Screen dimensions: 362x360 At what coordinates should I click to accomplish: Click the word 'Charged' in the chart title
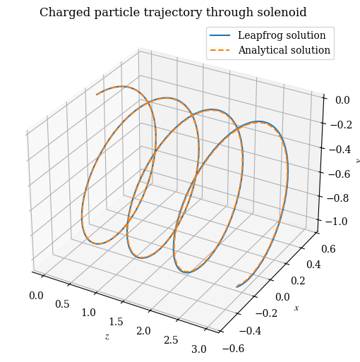point(63,13)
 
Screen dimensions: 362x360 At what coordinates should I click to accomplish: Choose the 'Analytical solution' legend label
point(284,50)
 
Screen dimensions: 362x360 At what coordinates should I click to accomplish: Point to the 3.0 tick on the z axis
point(199,349)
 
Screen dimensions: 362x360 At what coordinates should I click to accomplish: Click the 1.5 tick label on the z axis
point(116,322)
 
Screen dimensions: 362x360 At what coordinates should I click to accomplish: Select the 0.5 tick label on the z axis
point(62,304)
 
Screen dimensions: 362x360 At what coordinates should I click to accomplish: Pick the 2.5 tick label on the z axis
point(171,340)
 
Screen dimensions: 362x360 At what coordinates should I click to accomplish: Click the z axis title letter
point(107,337)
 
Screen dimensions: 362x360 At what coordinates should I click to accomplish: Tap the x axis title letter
point(296,308)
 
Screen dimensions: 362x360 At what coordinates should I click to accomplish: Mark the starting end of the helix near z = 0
point(97,94)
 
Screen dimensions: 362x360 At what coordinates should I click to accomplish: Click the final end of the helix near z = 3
point(237,286)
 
